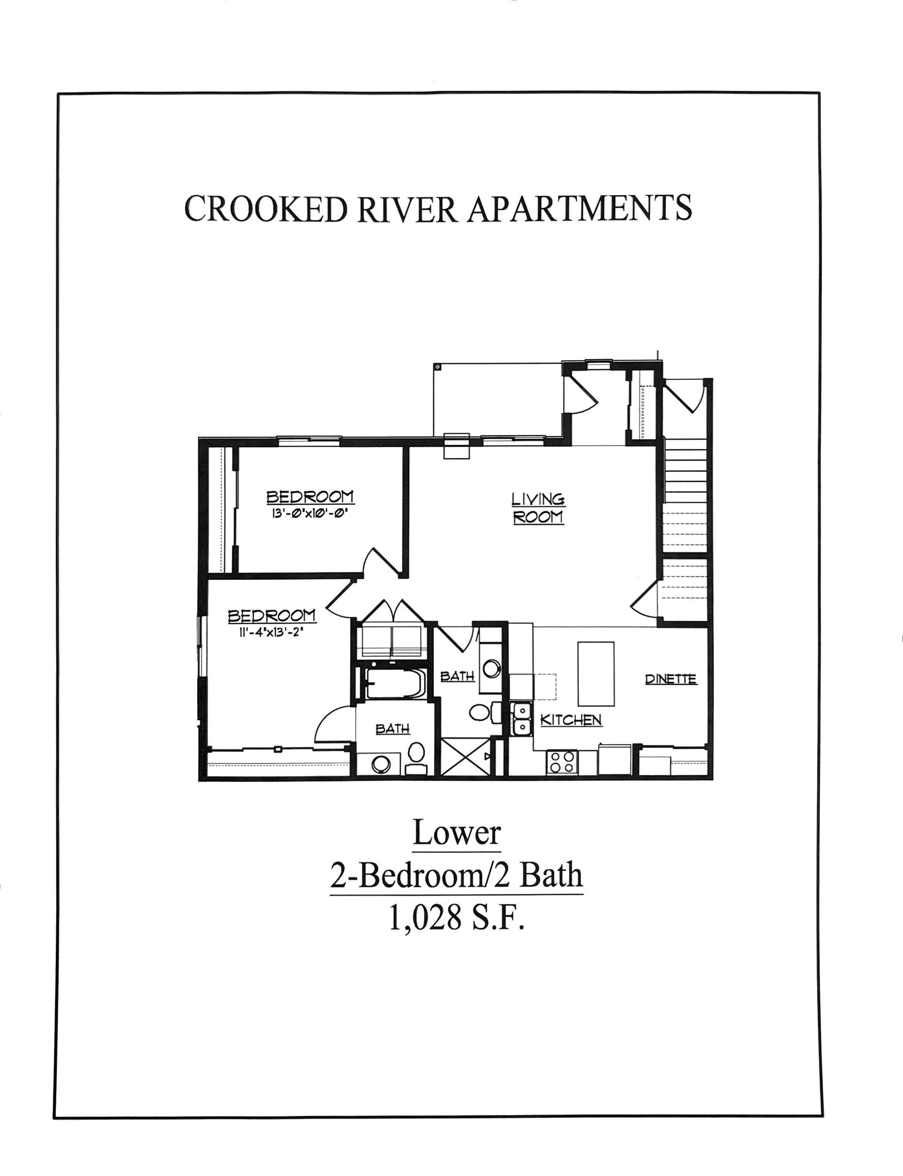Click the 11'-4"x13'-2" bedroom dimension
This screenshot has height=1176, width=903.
[x=272, y=632]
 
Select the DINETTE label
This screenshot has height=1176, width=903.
[x=671, y=679]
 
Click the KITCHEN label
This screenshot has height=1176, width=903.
[x=571, y=720]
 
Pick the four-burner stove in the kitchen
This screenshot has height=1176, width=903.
[x=562, y=762]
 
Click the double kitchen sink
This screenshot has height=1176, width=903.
[x=521, y=719]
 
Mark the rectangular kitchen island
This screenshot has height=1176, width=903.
[x=596, y=674]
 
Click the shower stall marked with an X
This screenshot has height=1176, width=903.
[x=466, y=756]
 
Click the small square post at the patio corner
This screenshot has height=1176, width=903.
[x=437, y=367]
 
